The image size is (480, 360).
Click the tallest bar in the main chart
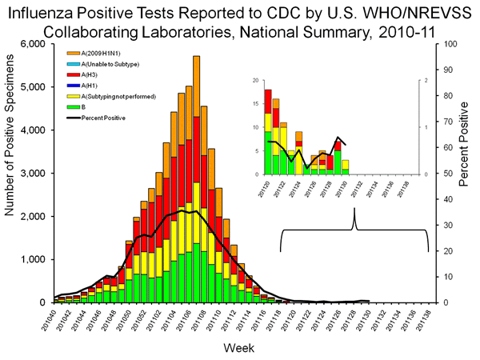(x=197, y=180)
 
